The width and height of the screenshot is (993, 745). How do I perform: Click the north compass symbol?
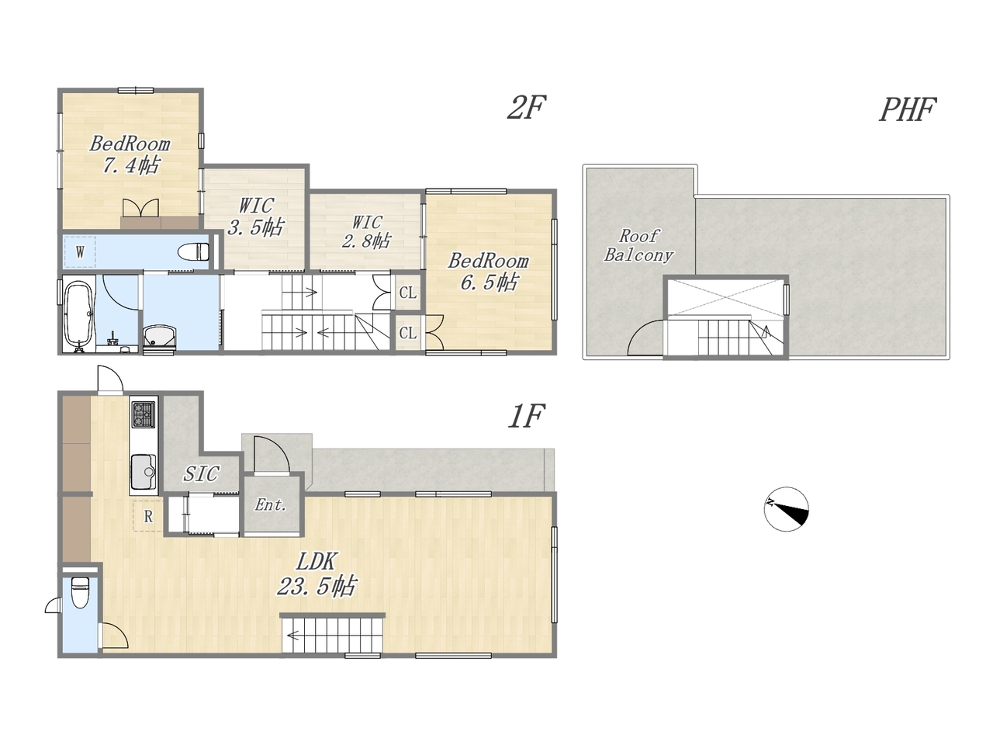click(786, 508)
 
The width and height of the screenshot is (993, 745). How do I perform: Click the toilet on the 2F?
click(194, 251)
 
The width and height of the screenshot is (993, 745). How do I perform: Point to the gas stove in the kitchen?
click(143, 414)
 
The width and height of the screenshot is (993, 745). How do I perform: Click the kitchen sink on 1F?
click(144, 472)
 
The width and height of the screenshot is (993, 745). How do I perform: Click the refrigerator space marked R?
click(148, 515)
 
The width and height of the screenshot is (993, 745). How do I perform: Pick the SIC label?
click(201, 473)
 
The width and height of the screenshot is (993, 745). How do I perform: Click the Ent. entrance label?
click(271, 504)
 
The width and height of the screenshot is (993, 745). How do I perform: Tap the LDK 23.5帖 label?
click(317, 574)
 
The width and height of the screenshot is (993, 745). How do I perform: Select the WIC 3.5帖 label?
click(255, 217)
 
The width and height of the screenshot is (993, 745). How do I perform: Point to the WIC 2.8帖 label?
click(365, 231)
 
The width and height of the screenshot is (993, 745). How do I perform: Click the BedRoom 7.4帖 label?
click(130, 154)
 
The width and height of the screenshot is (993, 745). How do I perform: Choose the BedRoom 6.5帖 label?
click(488, 272)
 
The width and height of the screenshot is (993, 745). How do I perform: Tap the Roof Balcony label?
click(638, 245)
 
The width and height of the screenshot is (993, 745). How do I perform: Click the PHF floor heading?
click(906, 110)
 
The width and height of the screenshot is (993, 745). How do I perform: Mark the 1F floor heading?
click(525, 416)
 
